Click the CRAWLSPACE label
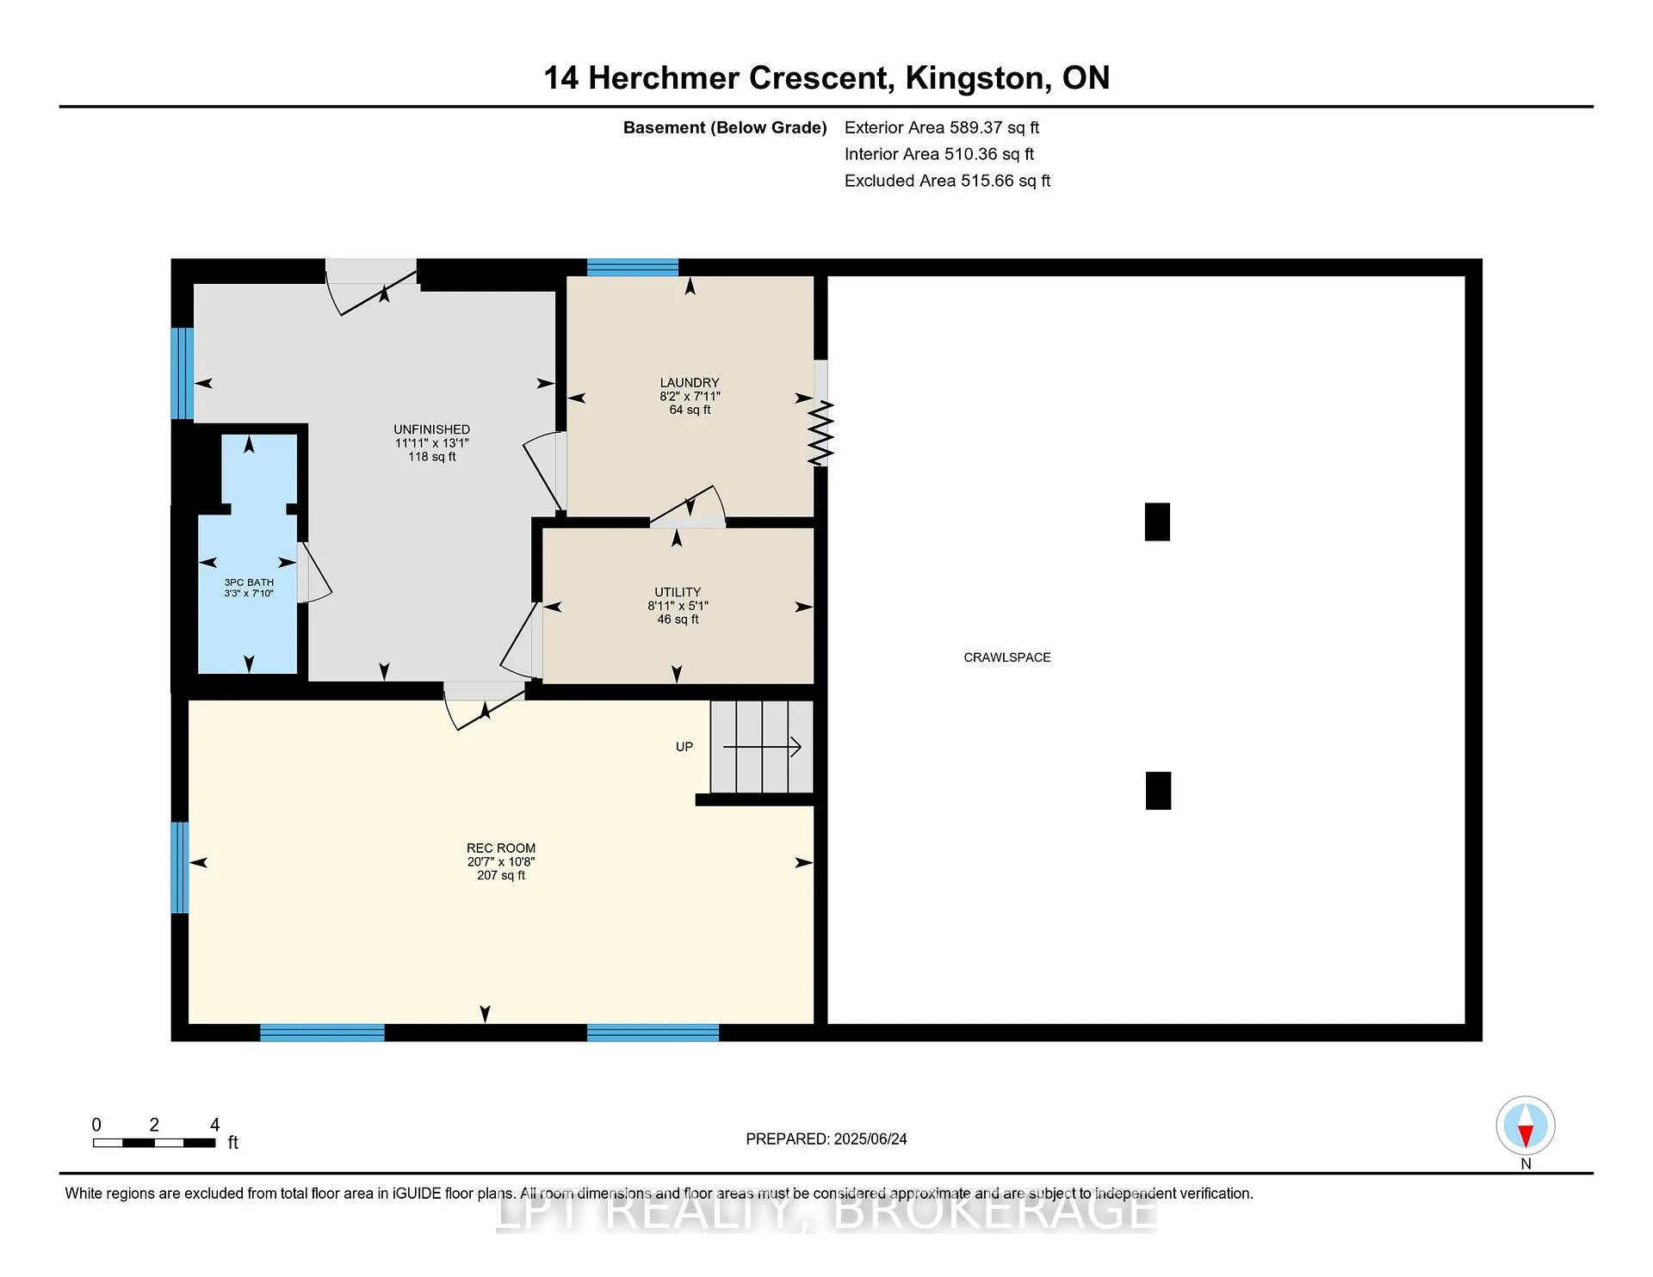click(x=1006, y=657)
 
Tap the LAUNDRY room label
click(x=690, y=383)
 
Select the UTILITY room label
click(x=678, y=592)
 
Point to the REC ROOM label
click(x=501, y=848)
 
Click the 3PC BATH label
click(x=249, y=583)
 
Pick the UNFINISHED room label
click(x=432, y=429)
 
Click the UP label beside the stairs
click(x=684, y=747)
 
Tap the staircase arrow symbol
click(x=763, y=747)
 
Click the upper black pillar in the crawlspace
click(x=1157, y=521)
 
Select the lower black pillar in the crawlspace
click(x=1158, y=790)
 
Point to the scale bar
click(x=154, y=1143)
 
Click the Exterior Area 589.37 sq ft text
click(x=942, y=127)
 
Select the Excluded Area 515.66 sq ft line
click(x=948, y=181)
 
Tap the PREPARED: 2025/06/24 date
click(x=826, y=1139)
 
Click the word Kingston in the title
click(x=978, y=78)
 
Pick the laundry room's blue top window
click(x=633, y=267)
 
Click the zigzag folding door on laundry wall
click(x=821, y=434)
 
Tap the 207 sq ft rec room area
click(x=501, y=875)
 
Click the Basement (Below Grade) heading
click(x=725, y=127)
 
